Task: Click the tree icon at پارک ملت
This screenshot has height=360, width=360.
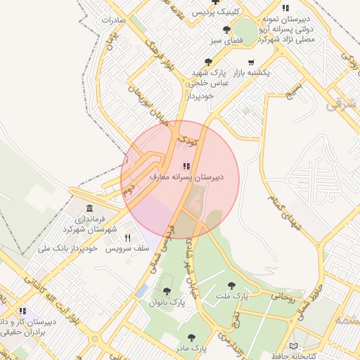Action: tap(232, 285)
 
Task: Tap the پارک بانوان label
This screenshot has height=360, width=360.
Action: tap(167, 302)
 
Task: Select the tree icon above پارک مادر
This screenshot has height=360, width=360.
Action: tap(191, 337)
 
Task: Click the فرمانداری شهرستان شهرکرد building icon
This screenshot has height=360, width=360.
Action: tap(89, 209)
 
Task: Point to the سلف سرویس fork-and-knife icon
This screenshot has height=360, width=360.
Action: tap(127, 238)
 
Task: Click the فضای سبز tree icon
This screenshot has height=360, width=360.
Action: tap(226, 30)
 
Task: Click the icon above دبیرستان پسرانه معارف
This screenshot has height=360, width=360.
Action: tap(186, 167)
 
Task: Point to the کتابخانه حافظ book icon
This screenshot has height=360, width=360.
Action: tap(293, 347)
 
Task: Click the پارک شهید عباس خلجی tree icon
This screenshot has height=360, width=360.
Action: tap(208, 62)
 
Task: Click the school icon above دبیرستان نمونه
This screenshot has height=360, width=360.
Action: tap(285, 7)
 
